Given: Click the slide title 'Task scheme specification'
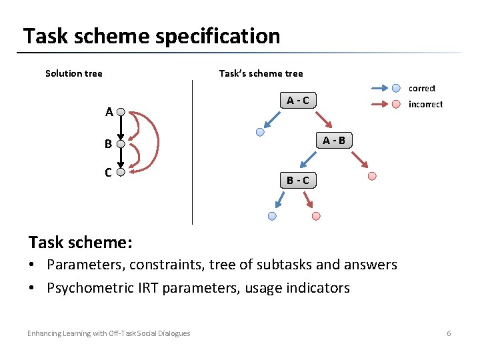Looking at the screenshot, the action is [151, 35].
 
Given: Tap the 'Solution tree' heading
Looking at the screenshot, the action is [73, 73].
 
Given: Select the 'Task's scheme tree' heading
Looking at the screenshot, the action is [261, 73].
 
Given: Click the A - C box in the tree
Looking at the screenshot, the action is [297, 101].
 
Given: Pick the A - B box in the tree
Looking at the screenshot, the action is [334, 140].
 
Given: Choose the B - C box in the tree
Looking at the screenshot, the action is [297, 180].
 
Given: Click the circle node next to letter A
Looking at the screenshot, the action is [121, 112].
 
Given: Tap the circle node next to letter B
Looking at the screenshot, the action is [121, 143].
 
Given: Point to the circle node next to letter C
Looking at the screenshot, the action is [121, 172].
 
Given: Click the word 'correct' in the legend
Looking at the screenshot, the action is [421, 88].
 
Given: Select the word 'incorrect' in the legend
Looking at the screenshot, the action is [425, 104].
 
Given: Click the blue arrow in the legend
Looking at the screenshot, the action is [383, 87].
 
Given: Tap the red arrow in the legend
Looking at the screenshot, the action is [383, 104].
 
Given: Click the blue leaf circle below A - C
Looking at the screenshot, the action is [260, 132].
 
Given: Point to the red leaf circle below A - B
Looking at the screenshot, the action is [372, 176].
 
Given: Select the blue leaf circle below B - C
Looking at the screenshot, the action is [271, 216].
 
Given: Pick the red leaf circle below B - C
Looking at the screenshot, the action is [316, 216].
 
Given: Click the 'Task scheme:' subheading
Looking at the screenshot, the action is [80, 241].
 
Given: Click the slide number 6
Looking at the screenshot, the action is [449, 333].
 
